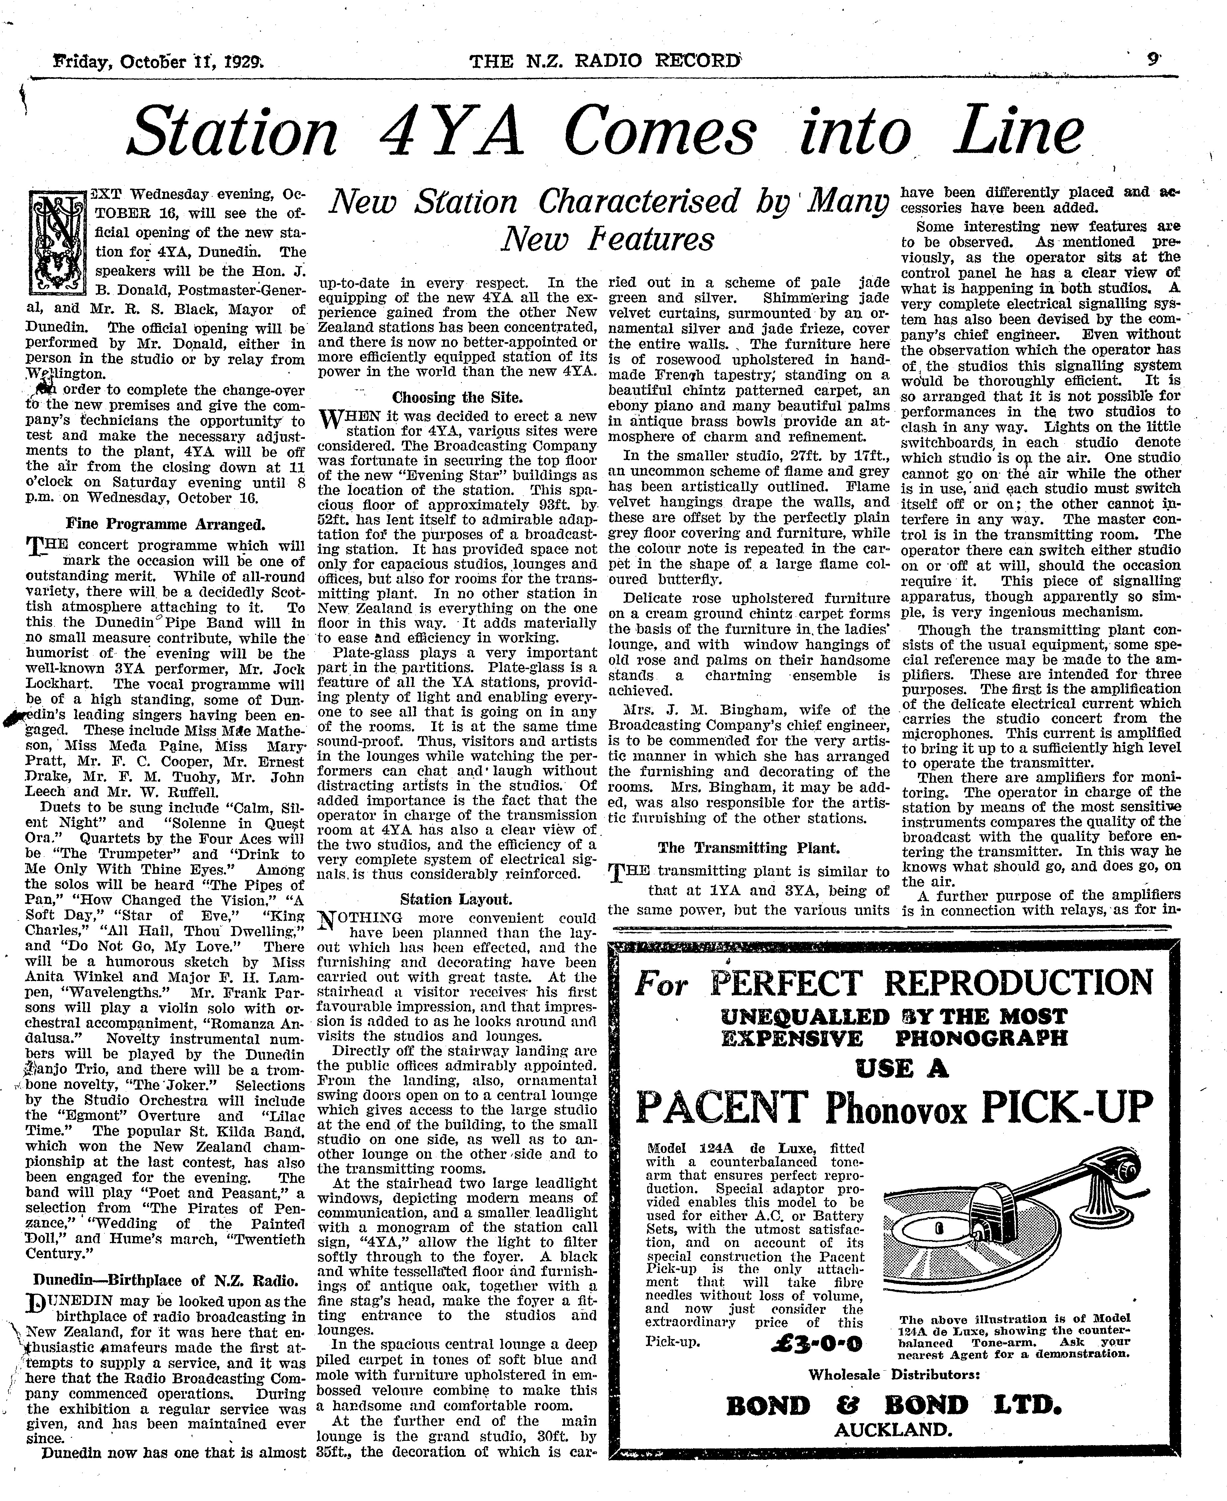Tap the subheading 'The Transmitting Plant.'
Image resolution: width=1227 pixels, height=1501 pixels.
click(x=748, y=848)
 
